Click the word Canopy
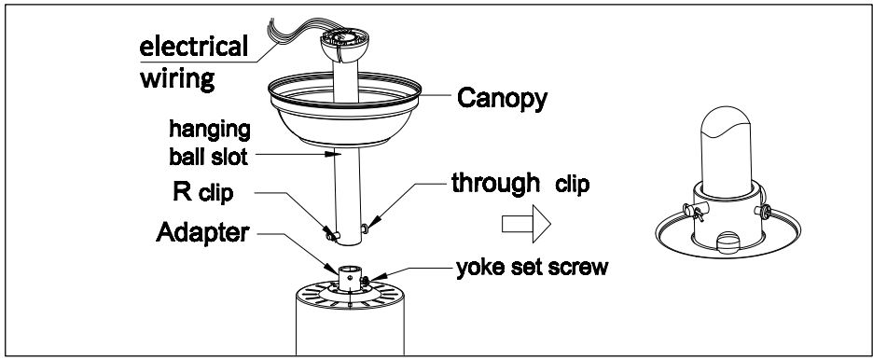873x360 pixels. tap(502, 99)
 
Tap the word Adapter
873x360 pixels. tap(202, 232)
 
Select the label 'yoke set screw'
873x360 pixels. tap(533, 268)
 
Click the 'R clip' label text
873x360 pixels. tap(202, 192)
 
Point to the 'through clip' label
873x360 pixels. tap(520, 183)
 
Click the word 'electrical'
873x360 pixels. tap(194, 47)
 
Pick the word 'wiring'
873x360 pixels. tap(177, 78)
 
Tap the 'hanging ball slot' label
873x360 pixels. tap(209, 143)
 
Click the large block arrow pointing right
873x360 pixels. tap(526, 224)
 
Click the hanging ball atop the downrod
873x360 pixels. tap(344, 45)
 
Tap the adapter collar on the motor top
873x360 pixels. tap(350, 279)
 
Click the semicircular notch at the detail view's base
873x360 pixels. tap(728, 242)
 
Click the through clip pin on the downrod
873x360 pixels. tap(365, 228)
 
